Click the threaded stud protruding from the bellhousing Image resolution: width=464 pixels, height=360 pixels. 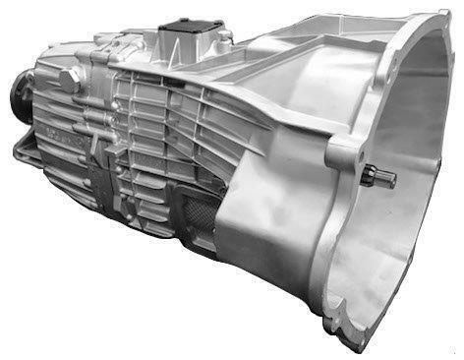(x=384, y=179)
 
